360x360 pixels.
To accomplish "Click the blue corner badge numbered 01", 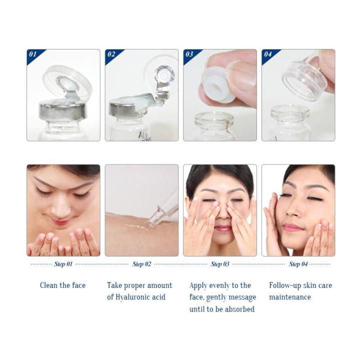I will tap(33, 54).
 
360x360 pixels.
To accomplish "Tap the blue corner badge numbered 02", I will tap(111, 54).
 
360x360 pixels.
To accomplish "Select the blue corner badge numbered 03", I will tap(189, 54).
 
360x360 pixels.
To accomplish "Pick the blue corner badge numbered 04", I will tap(268, 54).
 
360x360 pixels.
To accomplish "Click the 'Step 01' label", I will tap(63, 264).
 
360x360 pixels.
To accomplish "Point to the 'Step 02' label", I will tap(141, 264).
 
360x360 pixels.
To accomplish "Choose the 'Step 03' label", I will tap(220, 264).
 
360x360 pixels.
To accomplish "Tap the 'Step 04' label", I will tap(298, 264).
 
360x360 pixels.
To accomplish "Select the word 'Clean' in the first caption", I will tap(49, 285).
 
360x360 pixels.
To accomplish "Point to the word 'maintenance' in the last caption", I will tap(290, 297).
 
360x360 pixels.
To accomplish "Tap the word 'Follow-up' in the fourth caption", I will tap(286, 285).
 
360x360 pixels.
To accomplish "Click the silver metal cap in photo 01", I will tap(63, 109).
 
